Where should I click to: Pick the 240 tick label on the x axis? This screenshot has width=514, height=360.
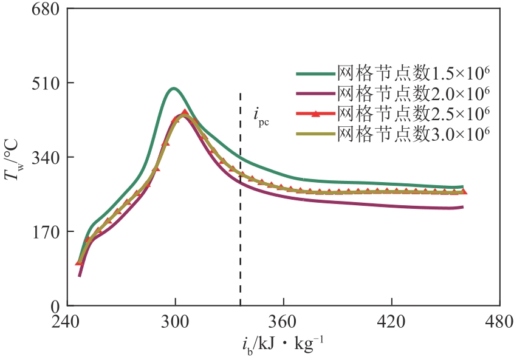[x=67, y=321]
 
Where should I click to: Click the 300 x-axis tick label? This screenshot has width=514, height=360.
[x=176, y=321]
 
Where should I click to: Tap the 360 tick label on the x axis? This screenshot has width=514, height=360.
[x=283, y=321]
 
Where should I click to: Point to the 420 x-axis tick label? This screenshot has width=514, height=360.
[x=391, y=321]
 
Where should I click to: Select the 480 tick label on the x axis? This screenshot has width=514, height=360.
[x=499, y=321]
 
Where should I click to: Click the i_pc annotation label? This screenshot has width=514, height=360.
[x=260, y=115]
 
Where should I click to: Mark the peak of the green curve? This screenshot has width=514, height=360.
[x=174, y=89]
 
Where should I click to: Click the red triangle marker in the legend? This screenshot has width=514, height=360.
[x=315, y=114]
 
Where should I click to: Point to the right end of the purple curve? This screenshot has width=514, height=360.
[x=463, y=207]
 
